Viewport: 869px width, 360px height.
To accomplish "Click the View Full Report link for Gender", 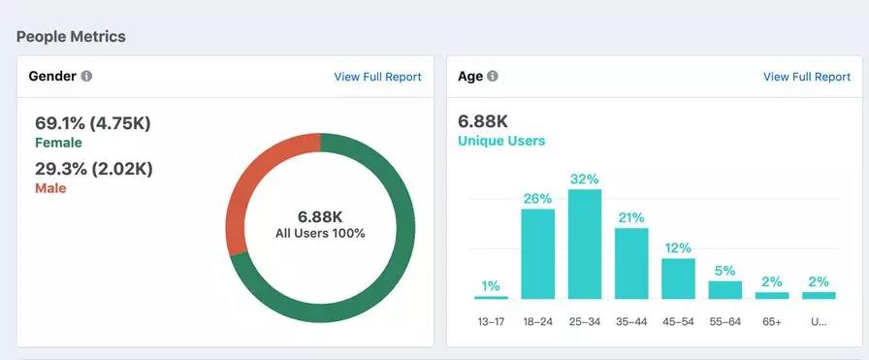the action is (377, 77).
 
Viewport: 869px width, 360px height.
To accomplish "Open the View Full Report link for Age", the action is (806, 77).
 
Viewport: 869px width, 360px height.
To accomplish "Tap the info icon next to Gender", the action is (86, 76).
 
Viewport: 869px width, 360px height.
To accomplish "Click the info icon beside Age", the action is (492, 76).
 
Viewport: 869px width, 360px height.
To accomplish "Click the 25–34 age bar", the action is (585, 245).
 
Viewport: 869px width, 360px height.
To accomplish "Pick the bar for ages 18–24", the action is (537, 254).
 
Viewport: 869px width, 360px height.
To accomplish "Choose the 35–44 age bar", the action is (631, 264).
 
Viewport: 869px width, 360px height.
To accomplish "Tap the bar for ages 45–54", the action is (678, 279).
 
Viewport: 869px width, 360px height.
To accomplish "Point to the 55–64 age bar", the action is (724, 290).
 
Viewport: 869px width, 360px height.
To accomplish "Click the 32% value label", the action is (584, 180).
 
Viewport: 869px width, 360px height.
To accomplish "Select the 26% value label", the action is (537, 199).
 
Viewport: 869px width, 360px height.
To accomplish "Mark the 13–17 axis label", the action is (491, 322).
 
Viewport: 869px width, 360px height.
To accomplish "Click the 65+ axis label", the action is (771, 322).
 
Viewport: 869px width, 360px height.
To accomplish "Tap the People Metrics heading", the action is (71, 37).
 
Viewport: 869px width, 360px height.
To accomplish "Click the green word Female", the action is (58, 143).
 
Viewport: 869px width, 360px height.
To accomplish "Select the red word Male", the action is (50, 188).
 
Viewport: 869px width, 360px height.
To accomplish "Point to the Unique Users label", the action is (501, 141).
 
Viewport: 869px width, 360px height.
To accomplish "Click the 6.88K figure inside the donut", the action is (320, 216).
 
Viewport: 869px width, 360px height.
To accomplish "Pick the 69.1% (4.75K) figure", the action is (93, 123).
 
